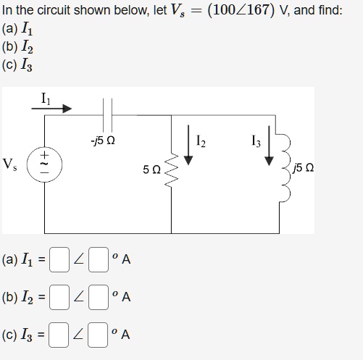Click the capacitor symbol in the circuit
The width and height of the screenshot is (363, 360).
pos(107,114)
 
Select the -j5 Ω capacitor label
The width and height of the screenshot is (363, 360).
pos(103,141)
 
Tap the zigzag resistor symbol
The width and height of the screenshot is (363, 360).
pos(171,169)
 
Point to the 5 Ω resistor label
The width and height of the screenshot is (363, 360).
pos(151,169)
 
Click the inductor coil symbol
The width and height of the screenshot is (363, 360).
pos(285,167)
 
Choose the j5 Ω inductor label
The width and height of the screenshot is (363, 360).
pos(303,168)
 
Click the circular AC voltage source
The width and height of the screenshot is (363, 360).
pos(44,164)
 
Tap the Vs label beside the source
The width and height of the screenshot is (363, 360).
pos(9,164)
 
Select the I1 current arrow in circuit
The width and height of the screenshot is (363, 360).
pos(51,109)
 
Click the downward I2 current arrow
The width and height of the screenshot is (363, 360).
pos(188,145)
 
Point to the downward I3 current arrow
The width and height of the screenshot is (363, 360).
pos(269,146)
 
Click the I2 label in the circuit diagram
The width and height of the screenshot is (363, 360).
pos(201,141)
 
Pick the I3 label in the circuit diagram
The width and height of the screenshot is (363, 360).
pos(256,141)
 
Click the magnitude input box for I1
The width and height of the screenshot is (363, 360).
pos(59,259)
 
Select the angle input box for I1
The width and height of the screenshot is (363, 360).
pos(99,259)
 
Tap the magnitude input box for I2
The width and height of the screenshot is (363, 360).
pos(59,297)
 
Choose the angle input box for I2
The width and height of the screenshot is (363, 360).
pos(99,297)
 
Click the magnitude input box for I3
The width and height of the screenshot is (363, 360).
pos(59,335)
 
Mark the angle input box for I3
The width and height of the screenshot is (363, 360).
pos(98,335)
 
